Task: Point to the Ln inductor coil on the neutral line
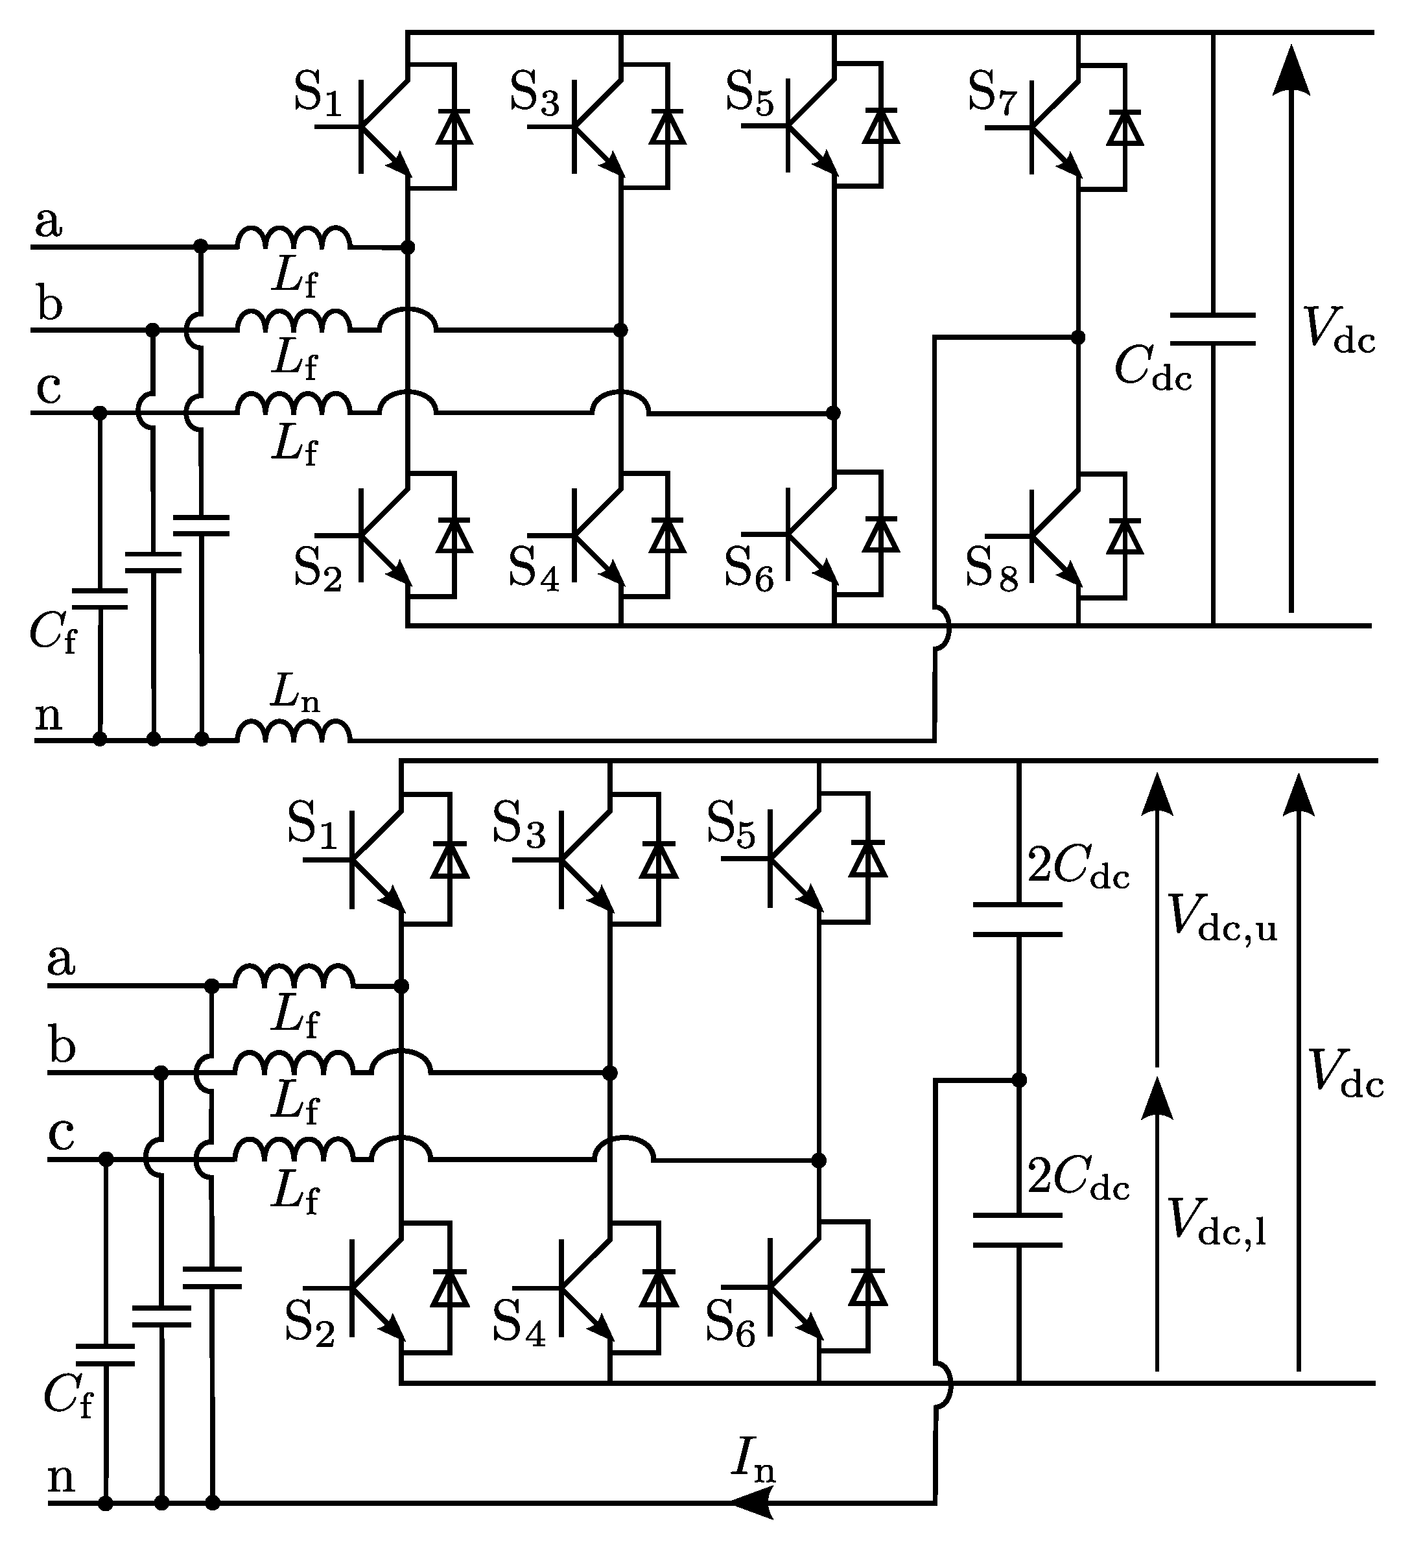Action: point(293,732)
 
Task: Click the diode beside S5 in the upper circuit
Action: point(880,126)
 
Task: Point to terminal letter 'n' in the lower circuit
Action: point(62,1475)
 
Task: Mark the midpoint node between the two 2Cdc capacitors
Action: point(1019,1080)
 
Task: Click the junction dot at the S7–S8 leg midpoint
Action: point(1078,337)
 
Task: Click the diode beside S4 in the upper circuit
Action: point(667,535)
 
